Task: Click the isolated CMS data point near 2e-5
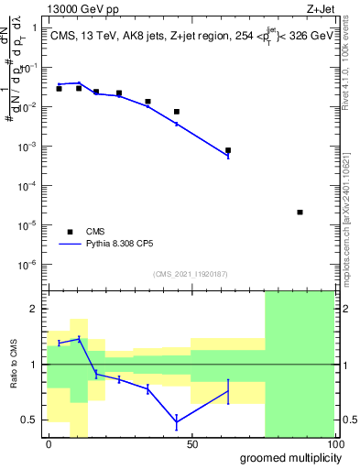point(300,213)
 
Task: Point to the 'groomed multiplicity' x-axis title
point(286,457)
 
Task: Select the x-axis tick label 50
point(192,444)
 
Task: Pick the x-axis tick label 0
point(49,444)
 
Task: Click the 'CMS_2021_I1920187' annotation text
point(191,274)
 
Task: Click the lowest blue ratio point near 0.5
point(176,421)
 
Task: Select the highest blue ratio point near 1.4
point(79,339)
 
